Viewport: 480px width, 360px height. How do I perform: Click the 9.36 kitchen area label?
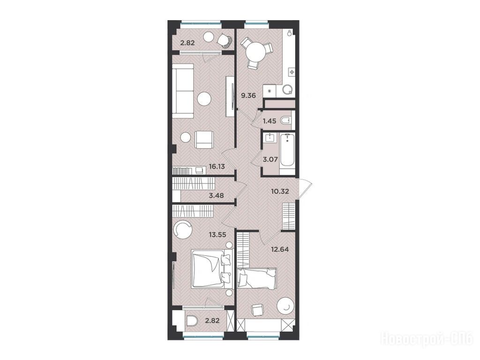point(248,96)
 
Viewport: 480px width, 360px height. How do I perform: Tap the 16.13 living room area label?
point(217,166)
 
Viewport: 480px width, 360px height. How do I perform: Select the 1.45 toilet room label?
point(270,121)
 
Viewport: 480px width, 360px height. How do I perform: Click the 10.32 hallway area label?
point(280,192)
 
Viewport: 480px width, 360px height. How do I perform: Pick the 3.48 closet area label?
point(217,195)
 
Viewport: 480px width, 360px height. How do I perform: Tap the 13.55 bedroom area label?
point(217,235)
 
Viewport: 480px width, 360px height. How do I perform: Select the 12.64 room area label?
point(280,249)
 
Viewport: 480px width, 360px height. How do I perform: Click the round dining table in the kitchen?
point(256,52)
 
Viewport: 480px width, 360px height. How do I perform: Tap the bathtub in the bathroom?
point(287,150)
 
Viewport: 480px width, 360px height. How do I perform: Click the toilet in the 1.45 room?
point(285,120)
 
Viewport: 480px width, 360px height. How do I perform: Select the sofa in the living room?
point(183,90)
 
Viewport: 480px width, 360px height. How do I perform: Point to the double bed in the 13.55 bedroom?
point(211,269)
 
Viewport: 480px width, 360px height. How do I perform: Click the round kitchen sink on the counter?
point(288,90)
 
